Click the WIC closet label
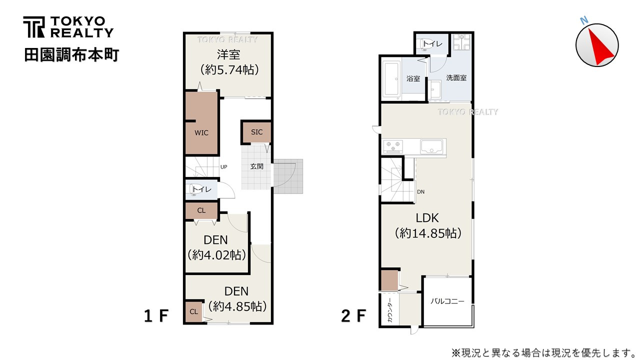(201, 133)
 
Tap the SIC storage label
(256, 132)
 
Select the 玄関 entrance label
(256, 166)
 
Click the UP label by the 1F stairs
(223, 167)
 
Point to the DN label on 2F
(421, 191)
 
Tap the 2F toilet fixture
(425, 43)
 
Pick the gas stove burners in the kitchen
(392, 146)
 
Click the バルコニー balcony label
(447, 301)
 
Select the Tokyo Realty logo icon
(33, 27)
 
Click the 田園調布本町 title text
(71, 55)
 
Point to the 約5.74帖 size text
(229, 69)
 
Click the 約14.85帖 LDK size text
(427, 233)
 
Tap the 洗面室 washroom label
(456, 78)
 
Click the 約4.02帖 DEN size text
(217, 255)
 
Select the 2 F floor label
(353, 316)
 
